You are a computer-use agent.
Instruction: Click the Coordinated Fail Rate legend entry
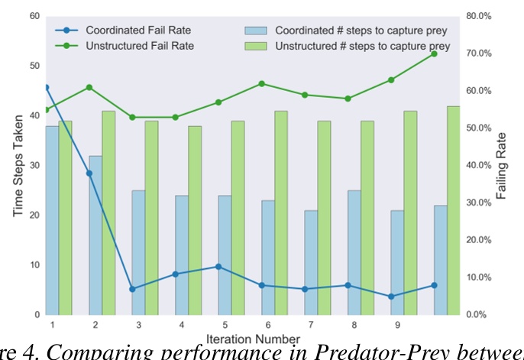point(137,31)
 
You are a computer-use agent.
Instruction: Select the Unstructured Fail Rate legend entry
point(139,46)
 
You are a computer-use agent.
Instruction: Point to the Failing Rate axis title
point(502,165)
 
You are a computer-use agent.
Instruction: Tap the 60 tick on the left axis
point(34,16)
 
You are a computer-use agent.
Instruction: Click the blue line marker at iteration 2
point(89,174)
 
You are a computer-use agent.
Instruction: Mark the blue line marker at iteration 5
point(218,267)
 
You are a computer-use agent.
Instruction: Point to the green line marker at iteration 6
point(262,83)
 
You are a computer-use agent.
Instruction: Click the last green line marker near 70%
point(434,54)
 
